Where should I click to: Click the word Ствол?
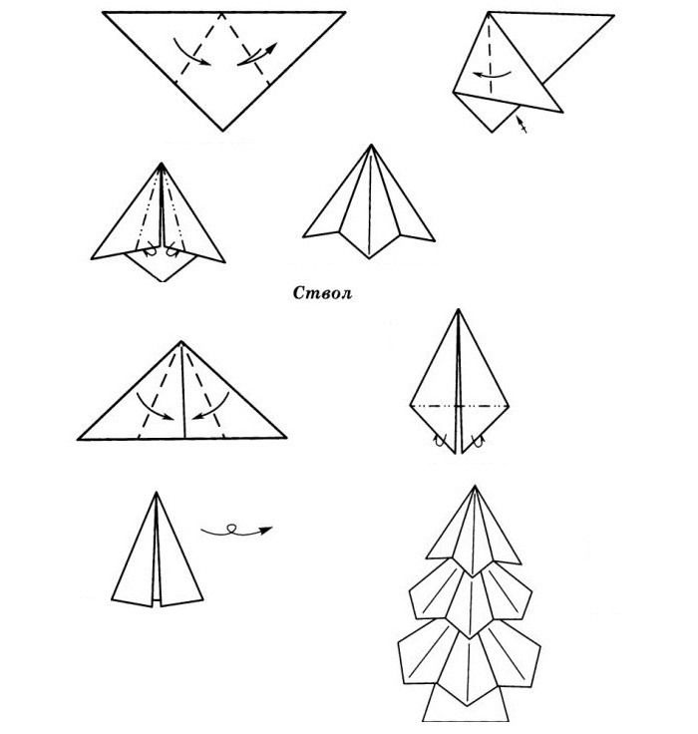(x=322, y=293)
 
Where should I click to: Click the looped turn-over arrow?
(x=236, y=531)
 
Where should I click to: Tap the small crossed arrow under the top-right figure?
(x=522, y=124)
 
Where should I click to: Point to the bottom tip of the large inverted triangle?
(x=222, y=131)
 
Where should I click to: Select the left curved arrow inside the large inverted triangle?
(x=190, y=53)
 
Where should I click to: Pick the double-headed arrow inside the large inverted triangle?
(x=257, y=54)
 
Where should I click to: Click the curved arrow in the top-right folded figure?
(x=491, y=75)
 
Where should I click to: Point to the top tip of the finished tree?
(x=475, y=486)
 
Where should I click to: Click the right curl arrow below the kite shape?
(x=477, y=441)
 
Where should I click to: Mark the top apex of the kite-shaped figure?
(x=459, y=309)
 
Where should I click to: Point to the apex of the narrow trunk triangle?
(x=157, y=492)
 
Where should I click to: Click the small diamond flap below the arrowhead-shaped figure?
(x=163, y=266)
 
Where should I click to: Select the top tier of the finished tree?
(x=474, y=531)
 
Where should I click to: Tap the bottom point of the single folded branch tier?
(x=369, y=258)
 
